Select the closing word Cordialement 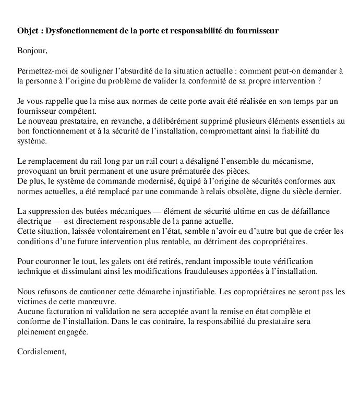(x=41, y=352)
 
